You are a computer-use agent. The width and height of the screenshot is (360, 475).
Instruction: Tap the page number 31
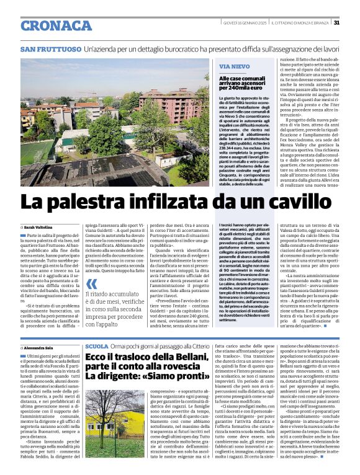[x=336, y=22]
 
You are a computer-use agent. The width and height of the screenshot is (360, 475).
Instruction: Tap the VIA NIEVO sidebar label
[x=235, y=66]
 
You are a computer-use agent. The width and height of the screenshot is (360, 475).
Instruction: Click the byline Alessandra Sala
[x=40, y=349]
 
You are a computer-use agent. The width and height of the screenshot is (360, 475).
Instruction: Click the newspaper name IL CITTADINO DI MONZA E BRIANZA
[x=299, y=22]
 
